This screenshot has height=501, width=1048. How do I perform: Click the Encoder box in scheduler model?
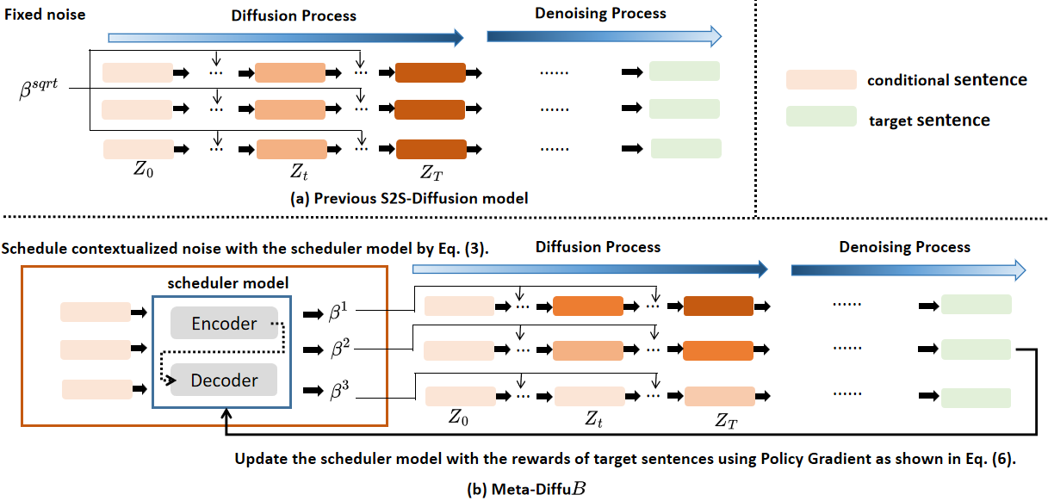coord(224,324)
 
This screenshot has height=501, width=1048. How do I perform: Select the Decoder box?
coord(224,380)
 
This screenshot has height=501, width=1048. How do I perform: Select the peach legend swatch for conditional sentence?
coord(820,81)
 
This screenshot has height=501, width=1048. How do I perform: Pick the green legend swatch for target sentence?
coord(820,118)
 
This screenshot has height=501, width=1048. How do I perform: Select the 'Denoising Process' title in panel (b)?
coord(904,247)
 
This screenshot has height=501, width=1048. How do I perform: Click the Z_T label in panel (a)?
coord(431,171)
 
